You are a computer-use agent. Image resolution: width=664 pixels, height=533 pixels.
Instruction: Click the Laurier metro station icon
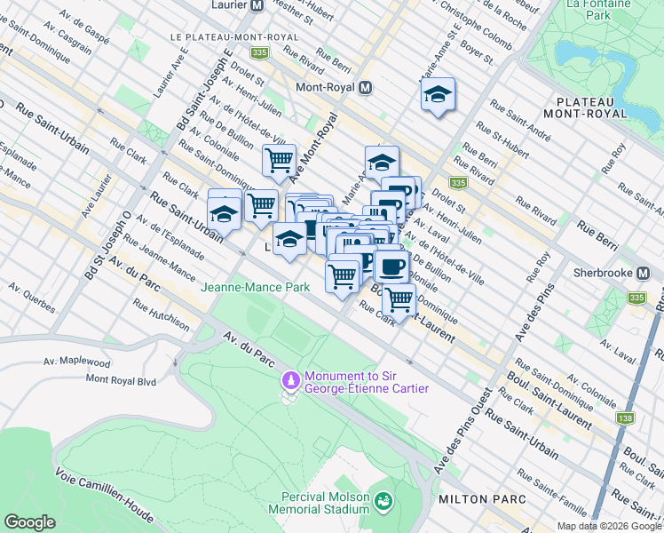pos(257,5)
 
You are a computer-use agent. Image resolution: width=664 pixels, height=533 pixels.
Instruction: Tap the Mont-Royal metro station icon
pos(365,88)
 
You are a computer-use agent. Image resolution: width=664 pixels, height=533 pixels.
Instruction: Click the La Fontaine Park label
pos(588,10)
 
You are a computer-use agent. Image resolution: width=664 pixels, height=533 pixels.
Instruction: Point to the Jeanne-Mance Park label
pos(255,287)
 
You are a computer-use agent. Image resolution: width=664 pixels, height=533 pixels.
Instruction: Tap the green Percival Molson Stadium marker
pos(383,501)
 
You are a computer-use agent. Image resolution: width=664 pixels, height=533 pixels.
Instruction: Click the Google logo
pos(30,521)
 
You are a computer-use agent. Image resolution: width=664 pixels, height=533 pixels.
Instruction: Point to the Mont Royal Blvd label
pos(121,378)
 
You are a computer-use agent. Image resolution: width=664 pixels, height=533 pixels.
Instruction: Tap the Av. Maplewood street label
pos(77,362)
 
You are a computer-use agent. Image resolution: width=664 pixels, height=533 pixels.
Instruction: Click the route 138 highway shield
pos(628,418)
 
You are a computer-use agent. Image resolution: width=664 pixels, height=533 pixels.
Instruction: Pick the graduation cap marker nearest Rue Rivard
pos(438,95)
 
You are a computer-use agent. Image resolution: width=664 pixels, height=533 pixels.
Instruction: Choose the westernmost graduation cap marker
pos(224,213)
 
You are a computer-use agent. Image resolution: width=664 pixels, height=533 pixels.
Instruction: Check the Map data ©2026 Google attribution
pos(608,526)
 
